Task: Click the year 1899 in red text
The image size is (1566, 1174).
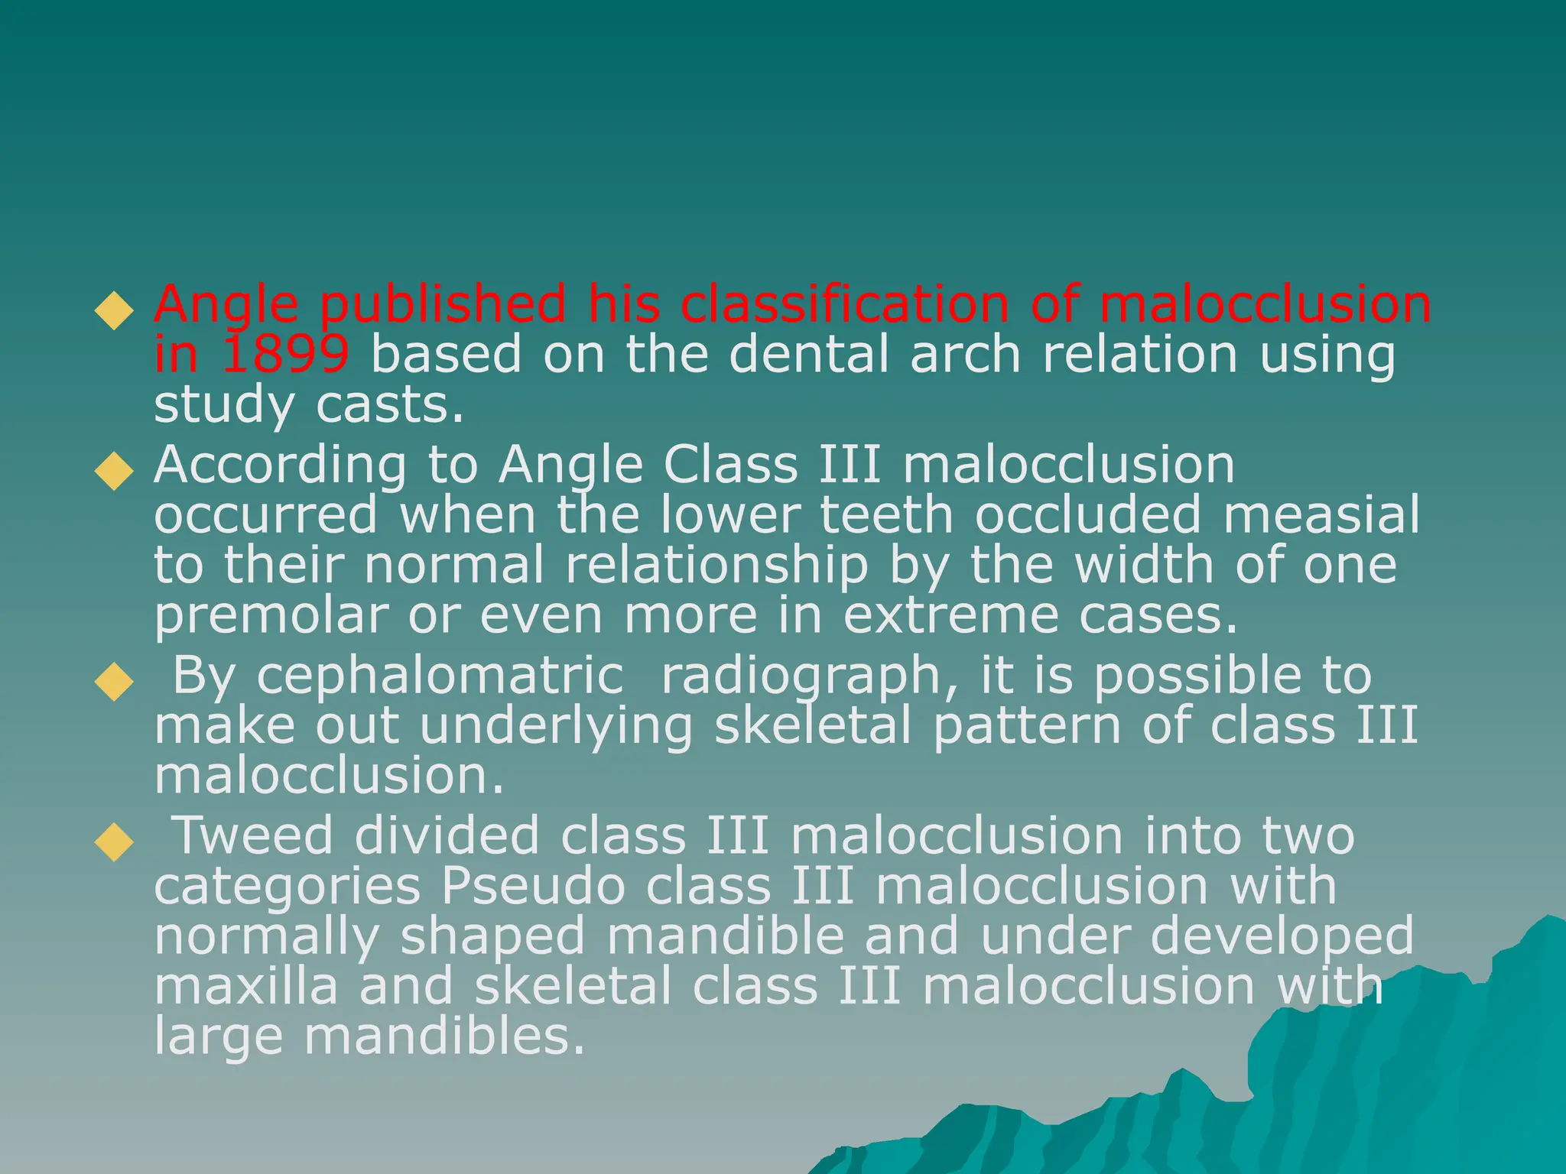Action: [284, 355]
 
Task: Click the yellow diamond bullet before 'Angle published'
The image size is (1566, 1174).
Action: [114, 310]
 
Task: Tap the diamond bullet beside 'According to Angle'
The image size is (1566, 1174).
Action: [114, 470]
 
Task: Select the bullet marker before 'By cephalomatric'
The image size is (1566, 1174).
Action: [114, 682]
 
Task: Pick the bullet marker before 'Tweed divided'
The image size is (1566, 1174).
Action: [114, 842]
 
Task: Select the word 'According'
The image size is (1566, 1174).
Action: [280, 466]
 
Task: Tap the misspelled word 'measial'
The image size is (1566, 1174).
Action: [1321, 514]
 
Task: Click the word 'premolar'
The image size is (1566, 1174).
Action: [271, 616]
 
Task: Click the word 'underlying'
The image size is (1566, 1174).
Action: [556, 727]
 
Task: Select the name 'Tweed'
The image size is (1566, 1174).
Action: [254, 835]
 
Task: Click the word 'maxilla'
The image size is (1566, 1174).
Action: [245, 986]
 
